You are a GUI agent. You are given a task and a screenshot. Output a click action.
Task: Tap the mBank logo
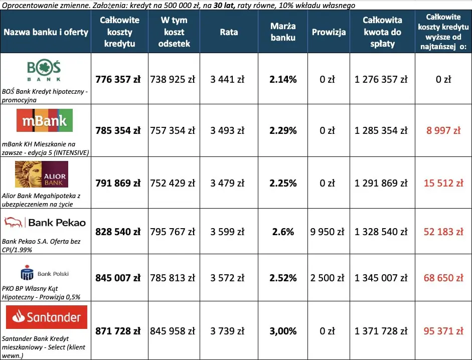45,121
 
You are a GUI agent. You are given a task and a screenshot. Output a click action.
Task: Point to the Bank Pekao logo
45,222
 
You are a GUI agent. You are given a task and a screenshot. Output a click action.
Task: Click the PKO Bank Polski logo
44,274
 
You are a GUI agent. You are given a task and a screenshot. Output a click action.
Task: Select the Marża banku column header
283,32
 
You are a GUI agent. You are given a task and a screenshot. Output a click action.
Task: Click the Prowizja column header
329,32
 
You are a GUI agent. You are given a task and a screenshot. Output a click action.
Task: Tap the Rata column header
229,32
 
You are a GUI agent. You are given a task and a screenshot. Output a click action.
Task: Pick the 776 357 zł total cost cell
118,79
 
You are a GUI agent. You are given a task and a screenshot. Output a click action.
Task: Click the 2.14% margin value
283,79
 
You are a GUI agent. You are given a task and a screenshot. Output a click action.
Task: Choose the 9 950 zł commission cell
329,232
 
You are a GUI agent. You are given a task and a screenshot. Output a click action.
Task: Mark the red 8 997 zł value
443,130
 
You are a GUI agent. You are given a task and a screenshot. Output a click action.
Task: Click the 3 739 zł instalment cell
227,331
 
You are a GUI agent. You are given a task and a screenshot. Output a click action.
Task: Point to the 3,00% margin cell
283,331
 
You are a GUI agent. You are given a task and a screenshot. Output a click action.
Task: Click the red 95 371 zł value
443,331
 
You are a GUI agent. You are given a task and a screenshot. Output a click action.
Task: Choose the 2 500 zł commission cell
329,278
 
